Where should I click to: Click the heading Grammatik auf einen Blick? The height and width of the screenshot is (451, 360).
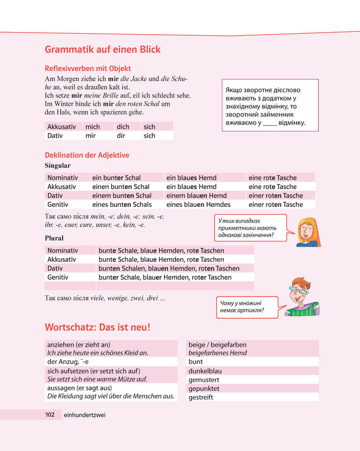coord(103,50)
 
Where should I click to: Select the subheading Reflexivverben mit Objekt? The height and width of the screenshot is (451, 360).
coord(88,68)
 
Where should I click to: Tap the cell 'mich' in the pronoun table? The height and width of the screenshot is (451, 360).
coord(93,126)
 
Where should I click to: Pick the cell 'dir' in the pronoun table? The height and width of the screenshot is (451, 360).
coord(122,136)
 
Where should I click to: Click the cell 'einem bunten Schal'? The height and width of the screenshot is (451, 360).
coord(122,195)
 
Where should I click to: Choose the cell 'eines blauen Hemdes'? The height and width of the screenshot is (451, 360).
coord(198,205)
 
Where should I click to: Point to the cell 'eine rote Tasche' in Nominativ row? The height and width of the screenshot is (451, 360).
coord(272,177)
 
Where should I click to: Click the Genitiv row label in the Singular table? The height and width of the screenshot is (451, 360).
coord(59,205)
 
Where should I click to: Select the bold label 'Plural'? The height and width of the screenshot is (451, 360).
coord(54,238)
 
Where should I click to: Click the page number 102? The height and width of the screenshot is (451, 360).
coord(50,415)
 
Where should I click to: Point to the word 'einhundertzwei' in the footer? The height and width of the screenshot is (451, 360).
coord(84,415)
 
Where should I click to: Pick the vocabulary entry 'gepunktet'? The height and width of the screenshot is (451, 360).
coord(204,389)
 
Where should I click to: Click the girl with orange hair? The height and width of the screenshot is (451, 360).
coord(309,232)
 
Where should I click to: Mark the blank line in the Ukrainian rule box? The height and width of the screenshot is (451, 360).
coord(270,123)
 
